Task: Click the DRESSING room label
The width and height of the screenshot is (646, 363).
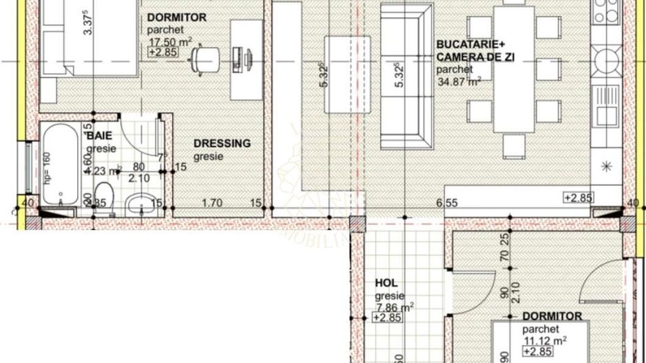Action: (222, 143)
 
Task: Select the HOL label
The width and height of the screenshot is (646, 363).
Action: (386, 283)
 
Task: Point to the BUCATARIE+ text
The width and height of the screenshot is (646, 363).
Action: (466, 45)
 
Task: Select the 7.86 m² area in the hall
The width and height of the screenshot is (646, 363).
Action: (394, 307)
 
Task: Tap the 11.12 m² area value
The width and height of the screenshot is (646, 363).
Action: (543, 340)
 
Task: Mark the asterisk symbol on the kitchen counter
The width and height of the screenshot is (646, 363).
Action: (607, 165)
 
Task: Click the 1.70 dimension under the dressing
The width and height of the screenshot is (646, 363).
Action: (211, 203)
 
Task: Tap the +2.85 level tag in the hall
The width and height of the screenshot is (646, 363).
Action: (388, 318)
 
